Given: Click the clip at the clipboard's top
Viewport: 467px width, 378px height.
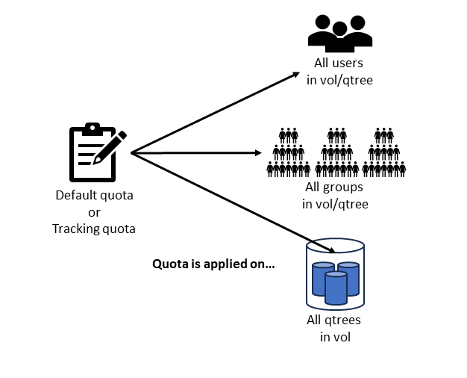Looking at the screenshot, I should [92, 128].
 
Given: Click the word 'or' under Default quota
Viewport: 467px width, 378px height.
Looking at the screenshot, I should [94, 212].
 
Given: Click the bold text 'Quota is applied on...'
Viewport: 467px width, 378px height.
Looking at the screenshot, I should [213, 263].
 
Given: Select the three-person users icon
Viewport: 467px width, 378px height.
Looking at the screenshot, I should [339, 34].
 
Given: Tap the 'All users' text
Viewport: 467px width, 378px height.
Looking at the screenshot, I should [339, 63].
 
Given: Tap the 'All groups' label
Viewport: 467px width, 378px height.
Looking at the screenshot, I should [335, 188].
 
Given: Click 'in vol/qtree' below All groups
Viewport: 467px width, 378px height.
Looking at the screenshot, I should [335, 203].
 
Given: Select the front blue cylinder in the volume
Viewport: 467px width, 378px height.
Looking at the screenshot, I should [336, 288].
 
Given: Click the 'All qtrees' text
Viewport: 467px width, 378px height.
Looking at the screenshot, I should [335, 320].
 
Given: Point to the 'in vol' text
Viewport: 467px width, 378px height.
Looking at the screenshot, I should [335, 337].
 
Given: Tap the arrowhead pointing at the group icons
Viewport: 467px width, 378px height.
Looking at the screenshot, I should [258, 153].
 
